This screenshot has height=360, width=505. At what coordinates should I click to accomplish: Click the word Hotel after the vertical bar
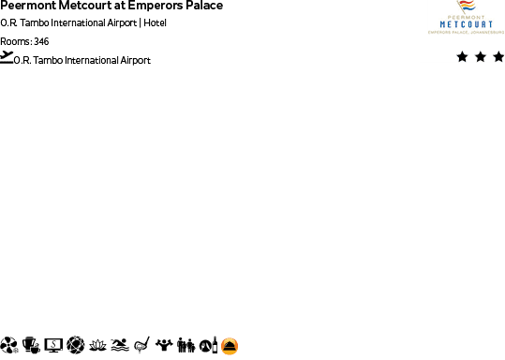pos(156,22)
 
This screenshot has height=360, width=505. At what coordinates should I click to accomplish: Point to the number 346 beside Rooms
pos(41,41)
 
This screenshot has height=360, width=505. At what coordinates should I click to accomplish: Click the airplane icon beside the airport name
pos(7,57)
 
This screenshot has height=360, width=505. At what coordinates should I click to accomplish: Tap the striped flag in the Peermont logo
pos(465,7)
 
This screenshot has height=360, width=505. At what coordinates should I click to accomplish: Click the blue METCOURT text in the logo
pos(465,24)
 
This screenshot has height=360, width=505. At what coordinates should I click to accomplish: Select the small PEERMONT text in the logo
pos(465,17)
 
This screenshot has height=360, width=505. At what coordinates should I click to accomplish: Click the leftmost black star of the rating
pos(463,57)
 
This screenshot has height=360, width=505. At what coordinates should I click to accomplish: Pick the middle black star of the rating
pos(481,57)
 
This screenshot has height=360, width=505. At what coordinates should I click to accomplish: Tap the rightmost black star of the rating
pos(498,57)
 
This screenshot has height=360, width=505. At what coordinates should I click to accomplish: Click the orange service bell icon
pos(230,346)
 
